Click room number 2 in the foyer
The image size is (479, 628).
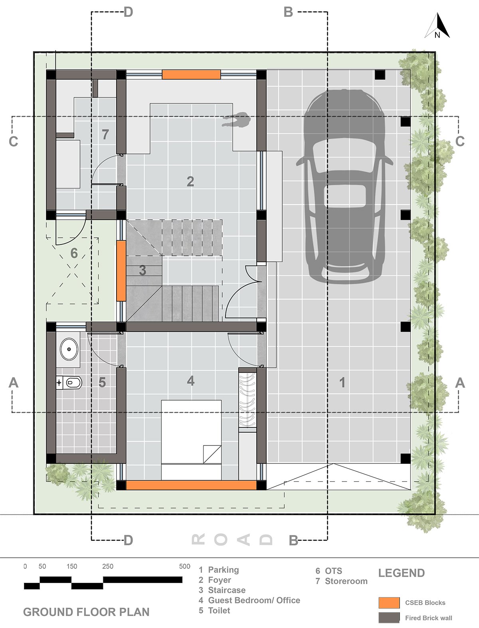[190, 181]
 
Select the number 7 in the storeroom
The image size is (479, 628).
[105, 134]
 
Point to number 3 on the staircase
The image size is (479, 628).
[143, 270]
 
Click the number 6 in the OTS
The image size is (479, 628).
[74, 253]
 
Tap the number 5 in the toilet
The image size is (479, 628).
[102, 382]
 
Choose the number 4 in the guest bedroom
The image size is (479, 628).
[191, 381]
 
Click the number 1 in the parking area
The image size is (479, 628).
[342, 382]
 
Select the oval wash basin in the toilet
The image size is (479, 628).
[69, 349]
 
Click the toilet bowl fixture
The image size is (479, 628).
[70, 382]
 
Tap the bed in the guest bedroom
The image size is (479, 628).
[191, 439]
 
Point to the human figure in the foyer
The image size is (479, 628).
[236, 120]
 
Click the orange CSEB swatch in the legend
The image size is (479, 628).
[389, 602]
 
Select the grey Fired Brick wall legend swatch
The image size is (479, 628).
[389, 618]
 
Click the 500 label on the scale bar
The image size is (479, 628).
[184, 566]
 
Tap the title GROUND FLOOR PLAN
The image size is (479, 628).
[86, 612]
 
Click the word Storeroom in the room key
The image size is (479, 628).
[346, 581]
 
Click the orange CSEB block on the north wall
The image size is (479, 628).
[191, 74]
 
